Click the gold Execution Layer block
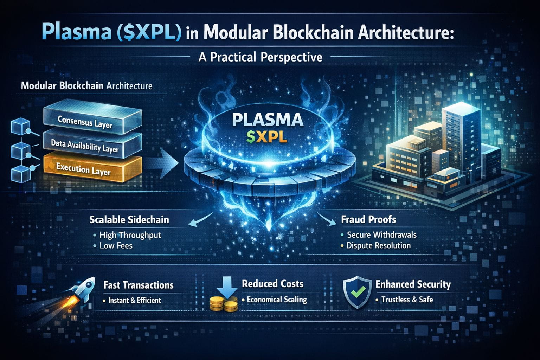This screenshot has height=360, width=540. click(x=93, y=168)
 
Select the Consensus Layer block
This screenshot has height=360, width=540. click(x=93, y=117)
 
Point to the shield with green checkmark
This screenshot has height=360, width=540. click(x=357, y=292)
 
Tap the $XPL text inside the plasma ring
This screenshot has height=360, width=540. click(x=267, y=138)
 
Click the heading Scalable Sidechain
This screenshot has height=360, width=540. click(x=129, y=220)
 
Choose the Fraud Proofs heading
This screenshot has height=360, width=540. click(x=368, y=219)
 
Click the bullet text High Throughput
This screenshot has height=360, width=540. click(x=130, y=235)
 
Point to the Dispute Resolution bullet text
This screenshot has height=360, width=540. click(x=379, y=245)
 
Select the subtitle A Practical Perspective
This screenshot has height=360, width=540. click(x=261, y=57)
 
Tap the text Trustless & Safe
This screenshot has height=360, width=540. click(x=407, y=300)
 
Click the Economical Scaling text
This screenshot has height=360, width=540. click(x=277, y=300)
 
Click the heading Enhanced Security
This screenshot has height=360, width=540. click(x=413, y=284)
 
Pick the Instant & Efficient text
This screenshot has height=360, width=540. click(x=135, y=300)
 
